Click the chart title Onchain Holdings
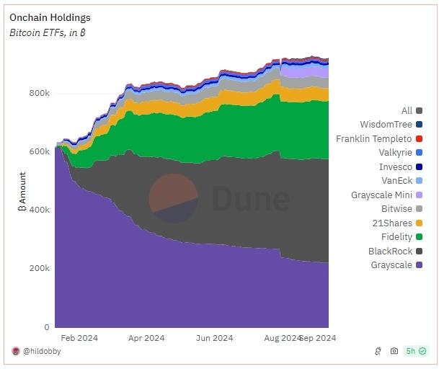(x=50, y=17)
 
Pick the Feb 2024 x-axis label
(x=79, y=337)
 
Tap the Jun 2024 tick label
(x=214, y=337)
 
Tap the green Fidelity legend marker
(x=419, y=237)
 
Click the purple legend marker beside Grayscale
(x=419, y=265)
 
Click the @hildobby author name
(x=43, y=351)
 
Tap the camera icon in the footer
(x=394, y=351)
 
